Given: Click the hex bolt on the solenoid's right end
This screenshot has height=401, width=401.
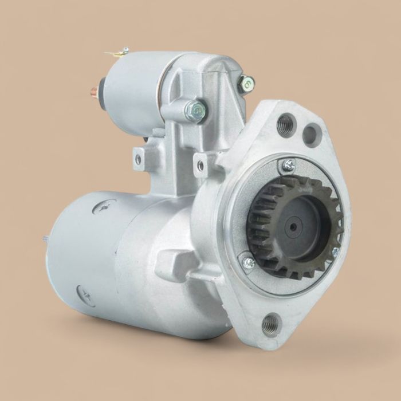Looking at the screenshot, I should coord(246,84).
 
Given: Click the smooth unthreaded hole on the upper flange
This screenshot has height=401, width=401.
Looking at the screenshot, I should coord(311,135).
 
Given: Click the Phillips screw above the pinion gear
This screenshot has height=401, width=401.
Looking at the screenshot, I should coord(288,166).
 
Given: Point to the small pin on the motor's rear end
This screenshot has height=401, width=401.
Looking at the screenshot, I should coord(45,238).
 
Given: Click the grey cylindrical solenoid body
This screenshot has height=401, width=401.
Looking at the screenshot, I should coord(135,95).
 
